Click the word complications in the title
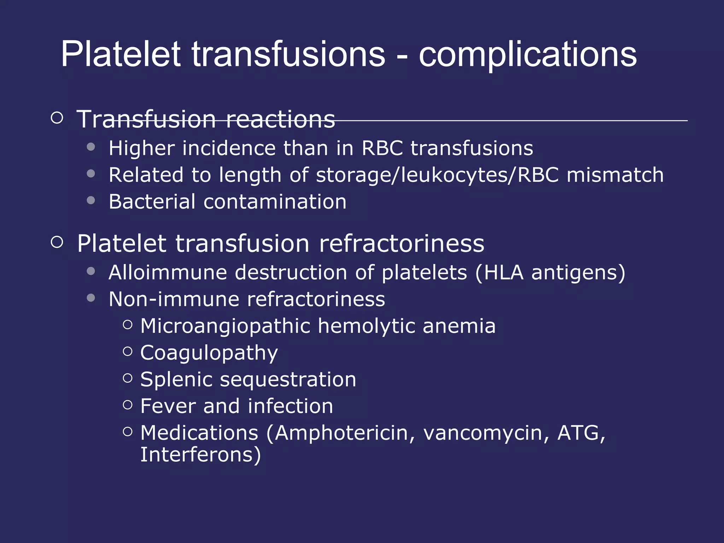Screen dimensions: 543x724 (x=527, y=55)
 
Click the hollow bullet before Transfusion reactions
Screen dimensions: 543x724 (x=57, y=117)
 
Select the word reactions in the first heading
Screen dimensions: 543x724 (x=280, y=119)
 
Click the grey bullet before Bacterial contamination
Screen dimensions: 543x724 (x=91, y=200)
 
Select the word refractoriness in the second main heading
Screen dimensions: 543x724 (x=402, y=244)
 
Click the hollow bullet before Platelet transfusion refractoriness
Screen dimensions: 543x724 (x=57, y=242)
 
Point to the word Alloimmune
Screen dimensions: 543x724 (x=168, y=273)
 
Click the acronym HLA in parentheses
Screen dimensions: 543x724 (x=503, y=273)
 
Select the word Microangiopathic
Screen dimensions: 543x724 (x=225, y=326)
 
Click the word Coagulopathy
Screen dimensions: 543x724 (x=209, y=353)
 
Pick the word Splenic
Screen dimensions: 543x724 (x=176, y=379)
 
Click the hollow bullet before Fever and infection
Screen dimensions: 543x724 (x=128, y=405)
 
